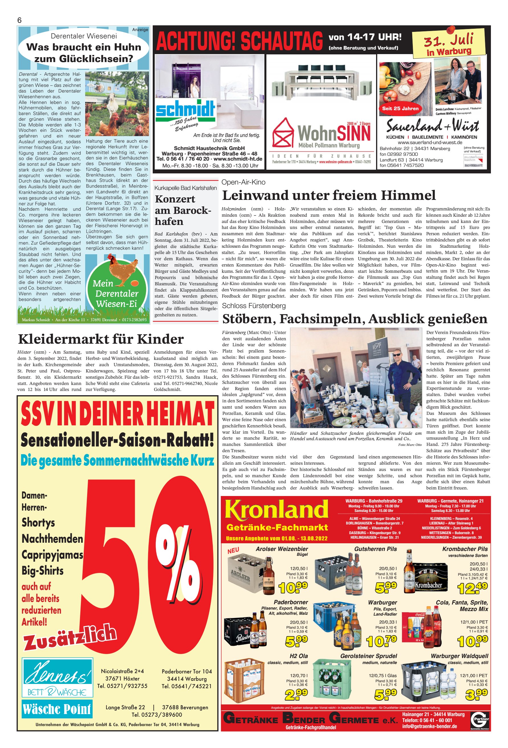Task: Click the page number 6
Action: (x=19, y=20)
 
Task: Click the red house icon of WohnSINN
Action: (x=283, y=133)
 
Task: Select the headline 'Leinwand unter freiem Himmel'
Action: (x=329, y=195)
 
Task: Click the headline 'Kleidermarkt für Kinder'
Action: (x=101, y=339)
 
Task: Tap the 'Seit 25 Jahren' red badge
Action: (x=400, y=108)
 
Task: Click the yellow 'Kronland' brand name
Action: (x=276, y=511)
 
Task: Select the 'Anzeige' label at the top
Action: (x=140, y=30)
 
